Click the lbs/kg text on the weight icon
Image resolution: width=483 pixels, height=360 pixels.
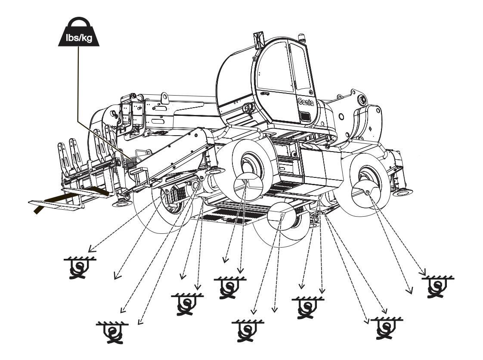pos(79,37)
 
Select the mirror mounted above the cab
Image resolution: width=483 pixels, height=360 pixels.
pos(258,39)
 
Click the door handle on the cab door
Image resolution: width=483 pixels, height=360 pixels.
pos(264,93)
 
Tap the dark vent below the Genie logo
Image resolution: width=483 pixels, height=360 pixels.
pos(305,117)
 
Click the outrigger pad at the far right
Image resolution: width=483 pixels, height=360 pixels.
pos(402,192)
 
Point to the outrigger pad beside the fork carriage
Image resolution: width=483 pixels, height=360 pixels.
pos(122,203)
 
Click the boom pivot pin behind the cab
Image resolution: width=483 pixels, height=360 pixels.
pos(361,100)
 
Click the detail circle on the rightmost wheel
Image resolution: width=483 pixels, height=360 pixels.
pos(367,188)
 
